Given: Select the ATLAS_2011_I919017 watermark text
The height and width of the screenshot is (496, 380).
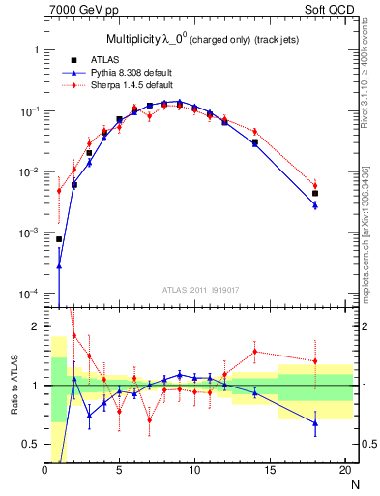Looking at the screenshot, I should pyautogui.click(x=199, y=289).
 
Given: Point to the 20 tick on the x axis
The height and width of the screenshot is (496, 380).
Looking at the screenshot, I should pyautogui.click(x=344, y=470).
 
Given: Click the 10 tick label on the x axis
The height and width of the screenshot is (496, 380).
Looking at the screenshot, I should pyautogui.click(x=194, y=470).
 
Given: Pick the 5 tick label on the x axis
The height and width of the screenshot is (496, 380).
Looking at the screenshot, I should pyautogui.click(x=119, y=470).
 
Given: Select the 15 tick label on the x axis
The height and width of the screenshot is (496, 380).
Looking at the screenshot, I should pyautogui.click(x=270, y=470).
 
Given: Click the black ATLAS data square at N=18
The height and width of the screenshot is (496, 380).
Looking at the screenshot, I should pyautogui.click(x=315, y=194).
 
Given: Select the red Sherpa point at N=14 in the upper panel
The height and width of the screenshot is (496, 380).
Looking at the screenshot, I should pyautogui.click(x=255, y=131).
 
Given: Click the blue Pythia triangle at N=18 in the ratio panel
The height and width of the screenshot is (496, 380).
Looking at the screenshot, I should pyautogui.click(x=315, y=423).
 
